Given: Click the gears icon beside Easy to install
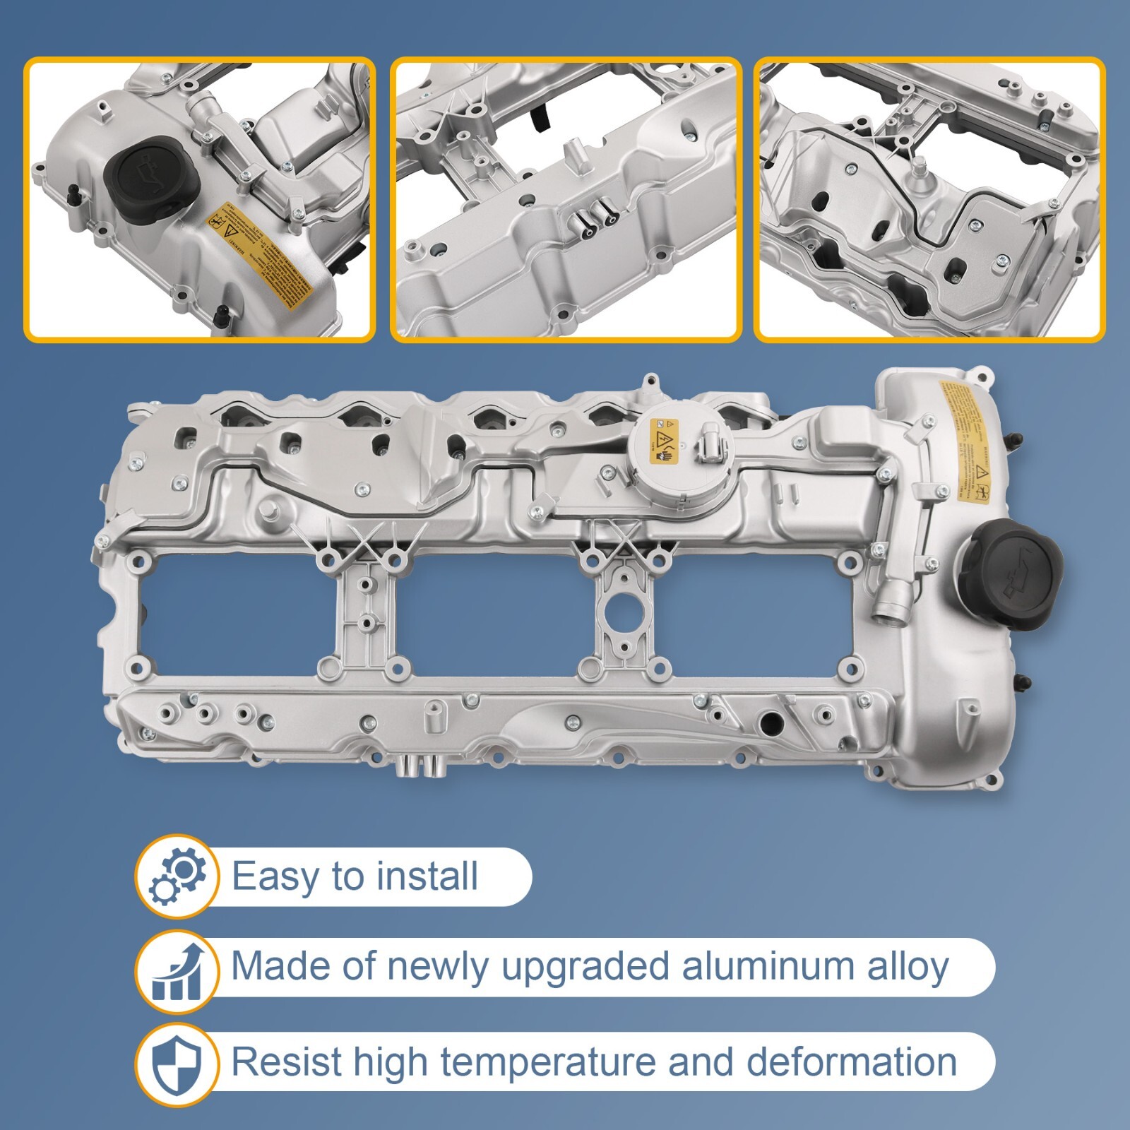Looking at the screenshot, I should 176,876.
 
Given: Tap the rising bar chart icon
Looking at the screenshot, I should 176,971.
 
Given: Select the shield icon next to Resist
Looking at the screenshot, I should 176,1064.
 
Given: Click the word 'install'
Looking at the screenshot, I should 427,876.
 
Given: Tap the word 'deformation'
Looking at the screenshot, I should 851,1061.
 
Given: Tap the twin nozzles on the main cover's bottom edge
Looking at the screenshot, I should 419,766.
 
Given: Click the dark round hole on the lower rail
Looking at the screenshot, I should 771,723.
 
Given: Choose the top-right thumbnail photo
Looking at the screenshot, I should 929,199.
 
